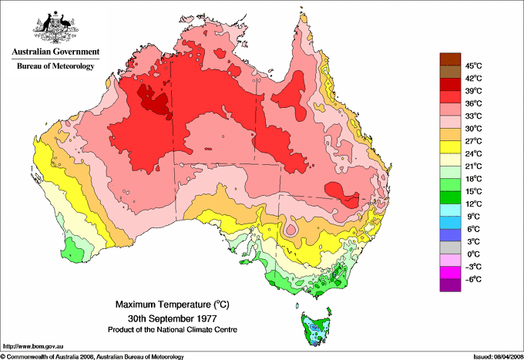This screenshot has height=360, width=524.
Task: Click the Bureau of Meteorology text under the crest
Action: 55,66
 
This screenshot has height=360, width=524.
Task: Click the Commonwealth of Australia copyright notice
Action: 92,356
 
